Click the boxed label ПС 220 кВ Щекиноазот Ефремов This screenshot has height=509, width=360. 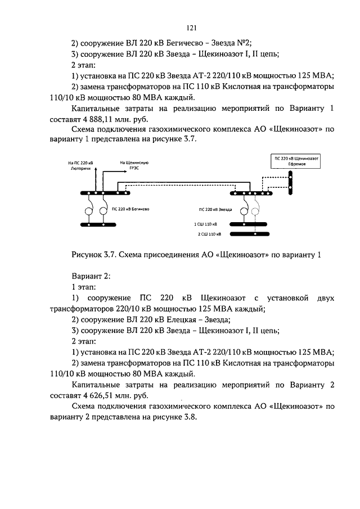pos(296,161)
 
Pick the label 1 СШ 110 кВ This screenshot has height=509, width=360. pos(208,224)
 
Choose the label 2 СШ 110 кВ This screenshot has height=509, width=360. pos(209,233)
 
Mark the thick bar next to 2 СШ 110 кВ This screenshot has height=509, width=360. pos(248,233)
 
